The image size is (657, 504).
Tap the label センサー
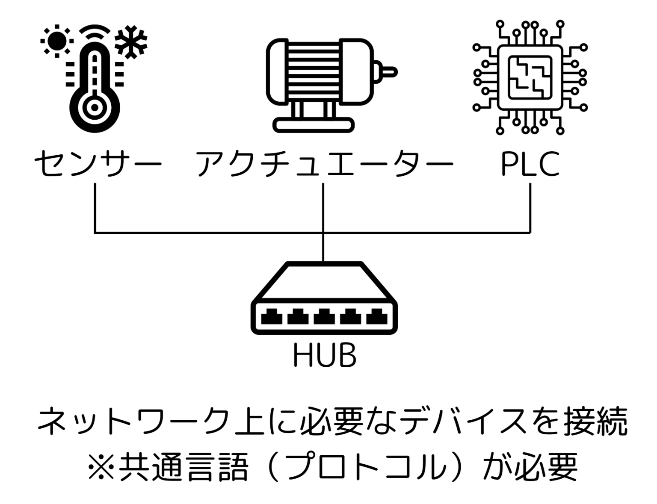98,164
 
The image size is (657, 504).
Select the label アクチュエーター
324,164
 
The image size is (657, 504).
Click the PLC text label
530,164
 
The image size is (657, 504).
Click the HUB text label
325,356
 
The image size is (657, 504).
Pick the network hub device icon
324,299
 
